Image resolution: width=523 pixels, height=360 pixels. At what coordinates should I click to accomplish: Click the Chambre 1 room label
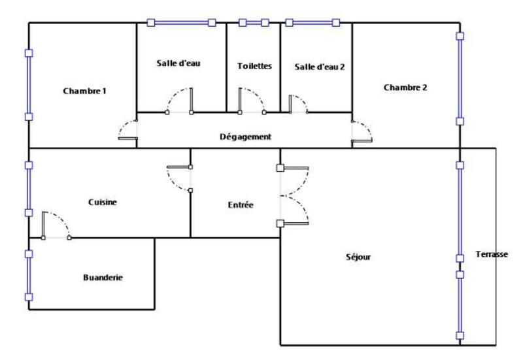point(84,91)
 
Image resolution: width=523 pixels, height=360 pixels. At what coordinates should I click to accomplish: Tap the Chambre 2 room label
point(405,87)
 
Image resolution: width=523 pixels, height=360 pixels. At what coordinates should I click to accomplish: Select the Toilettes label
point(254,66)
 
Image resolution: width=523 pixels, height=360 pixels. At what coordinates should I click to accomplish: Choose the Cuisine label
point(103,203)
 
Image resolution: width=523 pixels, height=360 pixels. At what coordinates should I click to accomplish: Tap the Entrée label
point(241,205)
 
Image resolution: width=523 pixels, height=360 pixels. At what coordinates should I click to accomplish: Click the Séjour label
point(358,257)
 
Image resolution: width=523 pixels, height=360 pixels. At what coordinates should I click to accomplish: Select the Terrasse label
point(492,254)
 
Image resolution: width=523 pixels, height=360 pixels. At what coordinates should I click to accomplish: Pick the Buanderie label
point(103,278)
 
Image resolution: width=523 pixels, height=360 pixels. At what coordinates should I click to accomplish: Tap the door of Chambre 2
point(361,131)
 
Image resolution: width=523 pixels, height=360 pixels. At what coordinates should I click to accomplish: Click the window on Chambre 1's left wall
point(28,85)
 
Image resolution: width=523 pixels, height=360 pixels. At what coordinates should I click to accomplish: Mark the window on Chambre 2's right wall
point(460,78)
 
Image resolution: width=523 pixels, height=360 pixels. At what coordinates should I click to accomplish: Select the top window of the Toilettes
point(254,22)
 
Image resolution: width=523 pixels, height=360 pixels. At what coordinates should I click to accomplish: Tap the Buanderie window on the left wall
point(28,275)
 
